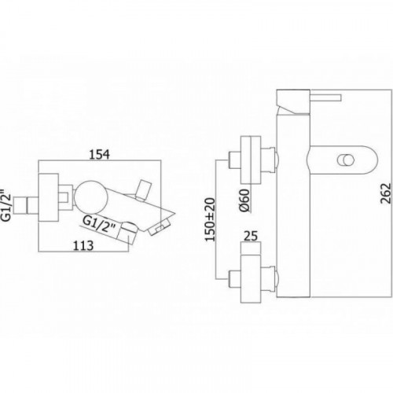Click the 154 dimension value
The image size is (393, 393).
(100, 154)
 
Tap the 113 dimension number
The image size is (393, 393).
(83, 245)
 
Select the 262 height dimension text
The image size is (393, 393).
(385, 193)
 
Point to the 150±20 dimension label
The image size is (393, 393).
(210, 219)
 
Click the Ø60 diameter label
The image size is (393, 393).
(245, 200)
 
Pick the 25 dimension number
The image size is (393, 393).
(251, 236)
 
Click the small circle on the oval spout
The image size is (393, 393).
(346, 160)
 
